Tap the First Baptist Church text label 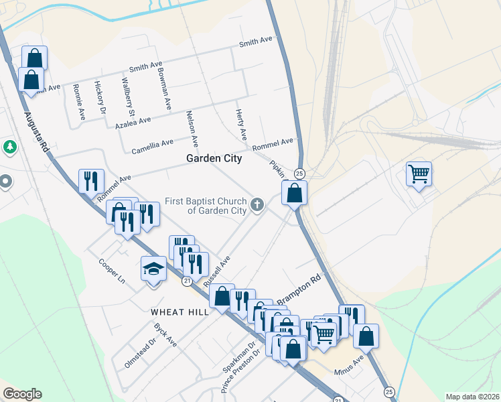207,206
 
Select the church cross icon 258,206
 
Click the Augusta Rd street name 38,131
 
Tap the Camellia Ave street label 153,145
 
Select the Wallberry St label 127,98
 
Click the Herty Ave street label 241,125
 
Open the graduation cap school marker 153,270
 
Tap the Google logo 22,394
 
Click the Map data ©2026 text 473,397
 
